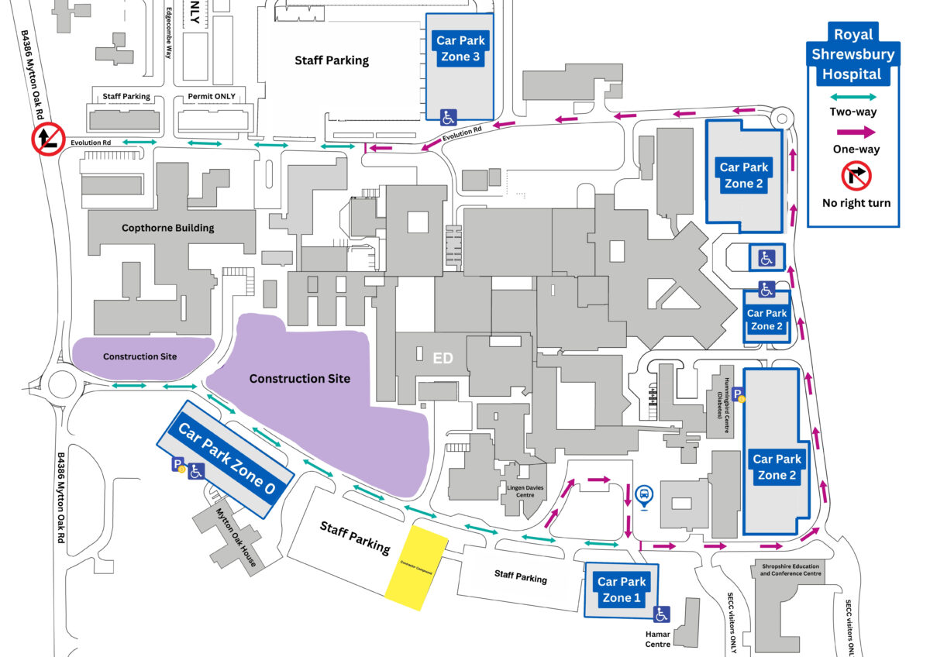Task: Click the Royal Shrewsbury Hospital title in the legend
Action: pos(852,54)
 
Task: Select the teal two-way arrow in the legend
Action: pos(852,98)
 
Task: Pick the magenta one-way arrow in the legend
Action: pos(852,133)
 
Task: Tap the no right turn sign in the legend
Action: pos(856,176)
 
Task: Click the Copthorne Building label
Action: pos(167,228)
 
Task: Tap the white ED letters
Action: pos(443,358)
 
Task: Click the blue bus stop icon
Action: pos(643,495)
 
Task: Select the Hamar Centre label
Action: pos(658,638)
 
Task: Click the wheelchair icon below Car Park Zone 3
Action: pos(448,118)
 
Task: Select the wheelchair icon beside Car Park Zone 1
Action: pos(661,614)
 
